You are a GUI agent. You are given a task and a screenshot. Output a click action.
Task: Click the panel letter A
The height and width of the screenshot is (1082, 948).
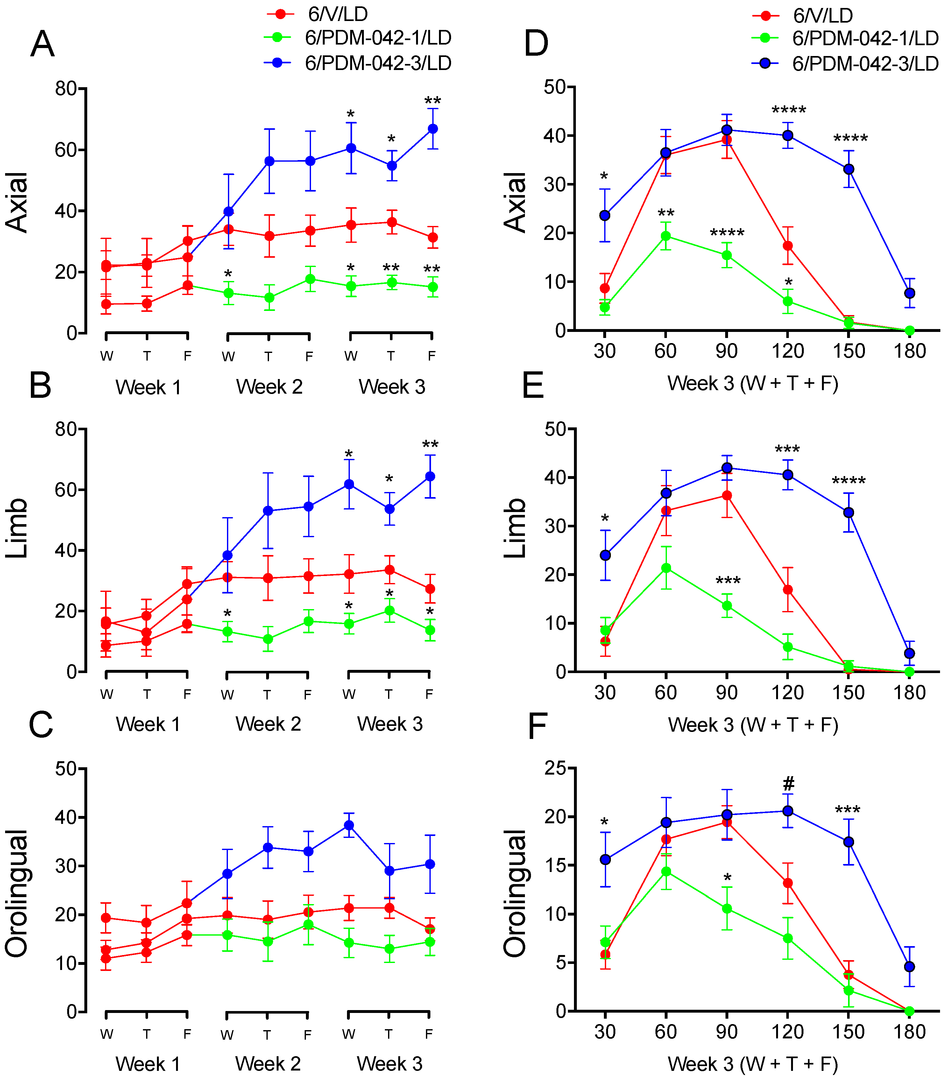pos(42,45)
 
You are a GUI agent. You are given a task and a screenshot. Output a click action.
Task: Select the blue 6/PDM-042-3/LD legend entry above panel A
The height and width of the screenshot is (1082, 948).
pos(357,63)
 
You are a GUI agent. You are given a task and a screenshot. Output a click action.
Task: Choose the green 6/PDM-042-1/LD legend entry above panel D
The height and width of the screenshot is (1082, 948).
pos(845,38)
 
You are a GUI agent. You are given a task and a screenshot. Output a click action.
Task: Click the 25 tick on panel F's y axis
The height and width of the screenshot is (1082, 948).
pos(556,768)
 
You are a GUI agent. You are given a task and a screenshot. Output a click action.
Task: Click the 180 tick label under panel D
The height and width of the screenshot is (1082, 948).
pos(909,351)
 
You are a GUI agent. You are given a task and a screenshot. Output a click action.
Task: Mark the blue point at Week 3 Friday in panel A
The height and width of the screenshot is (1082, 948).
pos(432,129)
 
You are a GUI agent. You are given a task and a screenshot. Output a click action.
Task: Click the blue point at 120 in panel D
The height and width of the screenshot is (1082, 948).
pos(788,135)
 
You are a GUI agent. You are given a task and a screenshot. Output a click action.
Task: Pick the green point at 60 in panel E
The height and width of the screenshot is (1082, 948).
pos(666,568)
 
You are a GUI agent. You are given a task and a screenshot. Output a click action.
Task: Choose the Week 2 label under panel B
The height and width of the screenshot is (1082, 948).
pos(268,723)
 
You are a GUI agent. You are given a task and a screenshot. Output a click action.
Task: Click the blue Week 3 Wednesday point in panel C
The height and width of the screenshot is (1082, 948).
pos(349,825)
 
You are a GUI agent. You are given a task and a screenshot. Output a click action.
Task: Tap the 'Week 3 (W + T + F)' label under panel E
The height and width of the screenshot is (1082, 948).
pos(753,725)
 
